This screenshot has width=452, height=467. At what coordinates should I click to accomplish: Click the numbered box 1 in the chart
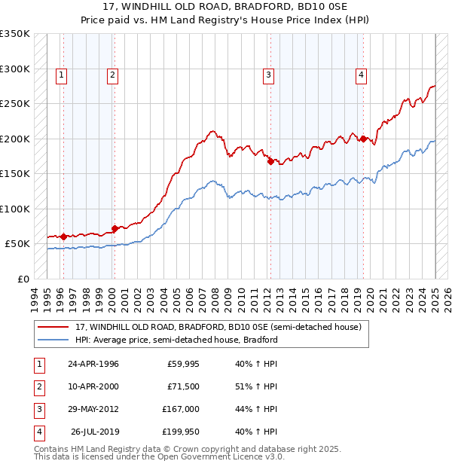tap(60, 75)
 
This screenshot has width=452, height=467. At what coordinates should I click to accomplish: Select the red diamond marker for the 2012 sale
tap(270, 160)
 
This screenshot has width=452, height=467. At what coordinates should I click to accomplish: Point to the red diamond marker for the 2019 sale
tap(363, 139)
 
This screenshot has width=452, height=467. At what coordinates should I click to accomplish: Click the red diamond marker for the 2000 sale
tap(115, 228)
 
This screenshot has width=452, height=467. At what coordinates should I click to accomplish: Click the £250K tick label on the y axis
tap(15, 104)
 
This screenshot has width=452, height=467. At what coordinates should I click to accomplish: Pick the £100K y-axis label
tap(15, 209)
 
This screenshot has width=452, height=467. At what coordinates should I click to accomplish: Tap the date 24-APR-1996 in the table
tap(93, 364)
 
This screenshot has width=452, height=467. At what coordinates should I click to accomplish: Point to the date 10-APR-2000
tap(93, 386)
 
